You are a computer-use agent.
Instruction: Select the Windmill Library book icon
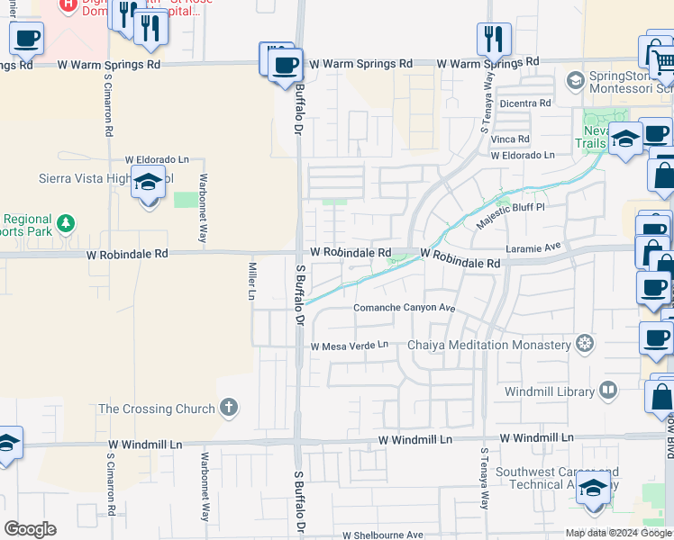pyautogui.click(x=608, y=391)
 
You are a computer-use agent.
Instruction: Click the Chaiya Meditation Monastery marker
pyautogui.click(x=585, y=345)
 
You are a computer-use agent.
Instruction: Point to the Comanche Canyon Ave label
pyautogui.click(x=404, y=308)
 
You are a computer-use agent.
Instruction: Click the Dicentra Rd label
pyautogui.click(x=524, y=103)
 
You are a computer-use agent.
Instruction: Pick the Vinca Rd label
pyautogui.click(x=510, y=139)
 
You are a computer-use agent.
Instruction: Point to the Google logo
pyautogui.click(x=30, y=528)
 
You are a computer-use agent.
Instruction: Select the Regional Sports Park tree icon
pyautogui.click(x=65, y=222)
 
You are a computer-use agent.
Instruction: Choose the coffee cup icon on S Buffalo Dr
pyautogui.click(x=285, y=65)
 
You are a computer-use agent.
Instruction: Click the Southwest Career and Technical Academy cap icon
pyautogui.click(x=593, y=488)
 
